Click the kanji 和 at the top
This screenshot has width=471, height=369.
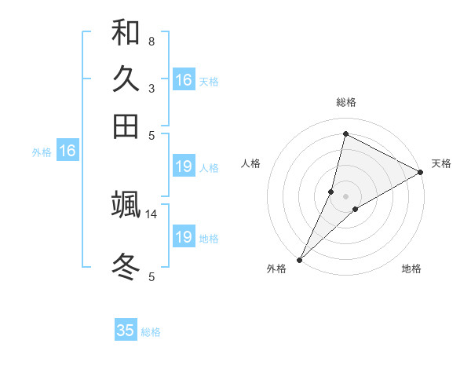[126, 33]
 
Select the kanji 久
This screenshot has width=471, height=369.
[126, 79]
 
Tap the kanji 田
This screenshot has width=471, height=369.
[126, 126]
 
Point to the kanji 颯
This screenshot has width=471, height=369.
[126, 205]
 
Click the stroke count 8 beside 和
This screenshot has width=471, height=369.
[151, 41]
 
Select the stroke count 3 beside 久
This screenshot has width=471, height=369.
[151, 88]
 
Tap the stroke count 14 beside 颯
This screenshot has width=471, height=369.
[152, 214]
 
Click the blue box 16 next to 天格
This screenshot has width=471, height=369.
[184, 80]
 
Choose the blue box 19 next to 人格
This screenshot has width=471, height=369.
[184, 166]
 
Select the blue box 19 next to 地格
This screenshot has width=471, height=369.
[184, 237]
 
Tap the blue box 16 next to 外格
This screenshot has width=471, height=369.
[68, 152]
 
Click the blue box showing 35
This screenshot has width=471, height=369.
[126, 331]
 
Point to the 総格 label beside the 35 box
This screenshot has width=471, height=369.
[151, 332]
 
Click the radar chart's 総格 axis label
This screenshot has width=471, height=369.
[346, 102]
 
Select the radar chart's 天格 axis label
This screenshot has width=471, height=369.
[441, 163]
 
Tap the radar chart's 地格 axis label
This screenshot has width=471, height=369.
[411, 269]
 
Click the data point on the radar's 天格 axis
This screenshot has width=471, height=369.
[421, 172]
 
